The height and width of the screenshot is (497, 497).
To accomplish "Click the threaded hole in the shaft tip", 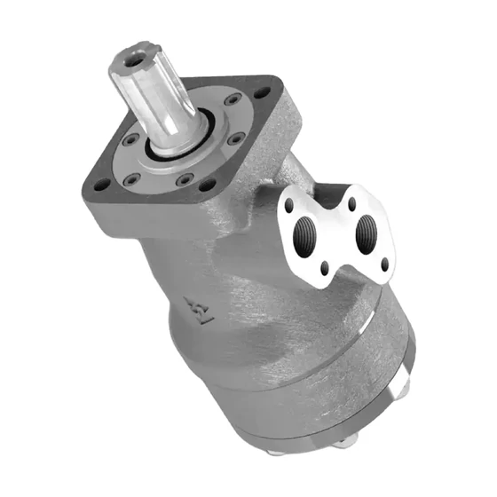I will [132, 59].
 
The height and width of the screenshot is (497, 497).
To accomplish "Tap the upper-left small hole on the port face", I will [288, 207].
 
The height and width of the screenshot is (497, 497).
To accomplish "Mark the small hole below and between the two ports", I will [326, 265].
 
